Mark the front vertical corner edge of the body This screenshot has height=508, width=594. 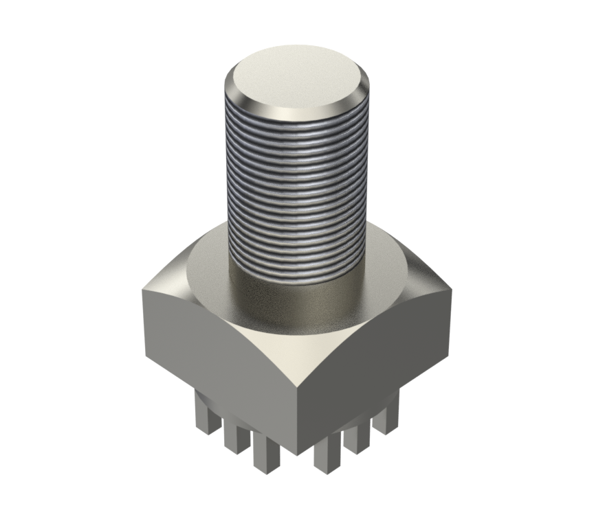click(297, 412)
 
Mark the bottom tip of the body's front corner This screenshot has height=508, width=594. click(297, 454)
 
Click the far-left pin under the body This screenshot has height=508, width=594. click(205, 416)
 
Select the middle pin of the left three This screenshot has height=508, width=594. click(233, 435)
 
